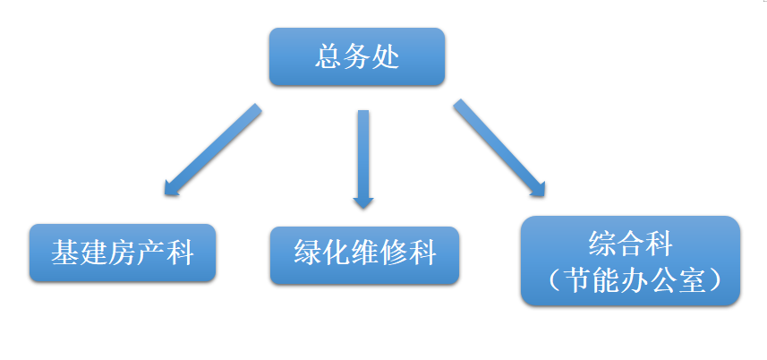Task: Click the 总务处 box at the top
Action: pyautogui.click(x=357, y=56)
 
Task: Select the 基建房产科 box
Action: pyautogui.click(x=122, y=253)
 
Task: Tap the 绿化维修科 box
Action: pyautogui.click(x=364, y=254)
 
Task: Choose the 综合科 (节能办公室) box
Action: pyautogui.click(x=630, y=261)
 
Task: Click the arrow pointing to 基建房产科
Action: pyautogui.click(x=211, y=150)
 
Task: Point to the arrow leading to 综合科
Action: pyautogui.click(x=499, y=147)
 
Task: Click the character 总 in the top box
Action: pyautogui.click(x=328, y=56)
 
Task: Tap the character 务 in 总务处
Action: pyautogui.click(x=357, y=56)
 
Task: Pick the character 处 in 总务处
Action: pyautogui.click(x=386, y=56)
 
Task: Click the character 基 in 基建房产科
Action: pyautogui.click(x=64, y=253)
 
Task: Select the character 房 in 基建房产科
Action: pyautogui.click(x=122, y=253)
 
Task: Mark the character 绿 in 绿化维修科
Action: pyautogui.click(x=307, y=254)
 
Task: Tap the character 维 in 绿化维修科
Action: pyautogui.click(x=364, y=254)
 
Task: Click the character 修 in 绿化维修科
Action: pyautogui.click(x=393, y=254)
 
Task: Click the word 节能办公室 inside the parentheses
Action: pyautogui.click(x=631, y=279)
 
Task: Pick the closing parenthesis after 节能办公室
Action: pyautogui.click(x=712, y=279)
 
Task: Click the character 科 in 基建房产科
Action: pyautogui.click(x=179, y=253)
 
